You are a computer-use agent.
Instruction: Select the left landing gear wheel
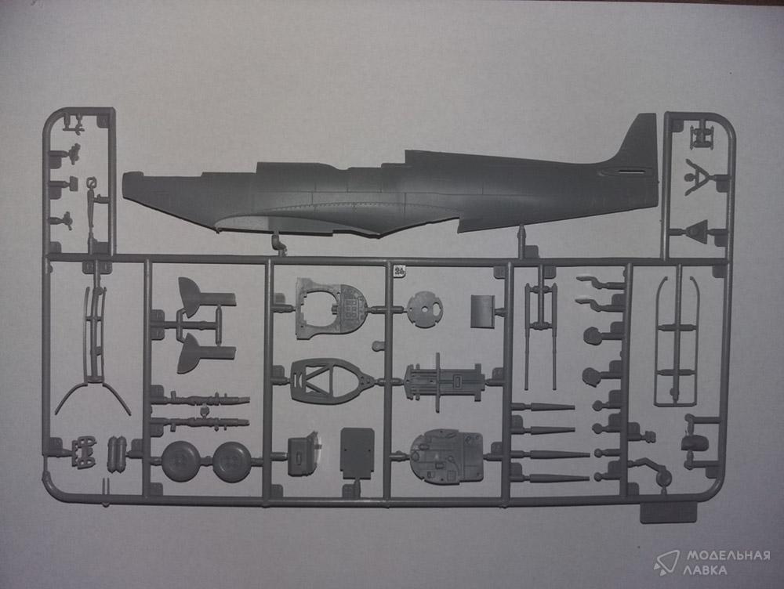[x=180, y=461]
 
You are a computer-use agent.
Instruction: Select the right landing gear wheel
[x=232, y=461]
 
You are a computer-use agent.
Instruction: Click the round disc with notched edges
[x=424, y=310]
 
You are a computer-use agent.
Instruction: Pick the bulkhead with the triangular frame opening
[x=325, y=380]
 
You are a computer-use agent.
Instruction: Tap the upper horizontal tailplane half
[x=205, y=298]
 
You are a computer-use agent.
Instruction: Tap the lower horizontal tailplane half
[x=205, y=353]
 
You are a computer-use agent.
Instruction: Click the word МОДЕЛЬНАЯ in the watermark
[x=728, y=555]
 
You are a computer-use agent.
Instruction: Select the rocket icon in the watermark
[x=666, y=562]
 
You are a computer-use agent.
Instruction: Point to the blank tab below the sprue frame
[x=669, y=512]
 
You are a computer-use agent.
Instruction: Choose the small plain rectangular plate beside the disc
[x=482, y=311]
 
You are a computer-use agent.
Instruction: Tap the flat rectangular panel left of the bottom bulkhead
[x=357, y=453]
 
